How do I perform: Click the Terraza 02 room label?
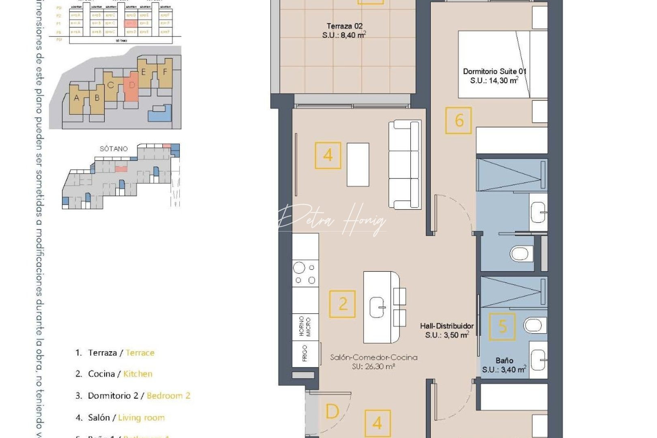tap(344, 30)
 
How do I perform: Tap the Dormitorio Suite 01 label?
tap(494, 76)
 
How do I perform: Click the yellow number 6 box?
tap(459, 120)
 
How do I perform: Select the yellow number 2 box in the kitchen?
tap(343, 304)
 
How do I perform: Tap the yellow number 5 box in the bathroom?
tap(502, 326)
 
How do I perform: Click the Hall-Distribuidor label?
tap(447, 330)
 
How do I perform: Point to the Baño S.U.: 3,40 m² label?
tap(504, 365)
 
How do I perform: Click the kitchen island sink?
tap(378, 308)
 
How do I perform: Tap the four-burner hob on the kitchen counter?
tap(305, 274)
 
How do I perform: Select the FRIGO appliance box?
tap(305, 353)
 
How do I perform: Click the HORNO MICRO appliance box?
tap(305, 326)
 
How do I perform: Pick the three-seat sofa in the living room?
tap(404, 164)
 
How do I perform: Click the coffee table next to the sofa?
tap(358, 164)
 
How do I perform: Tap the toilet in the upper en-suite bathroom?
tap(520, 254)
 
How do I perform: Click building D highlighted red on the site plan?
tap(131, 86)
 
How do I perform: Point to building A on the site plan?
tap(77, 98)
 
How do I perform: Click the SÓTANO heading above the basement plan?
tap(114, 149)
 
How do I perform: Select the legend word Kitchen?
tap(138, 374)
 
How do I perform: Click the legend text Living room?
tap(141, 418)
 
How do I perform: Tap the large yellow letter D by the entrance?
tap(332, 412)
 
